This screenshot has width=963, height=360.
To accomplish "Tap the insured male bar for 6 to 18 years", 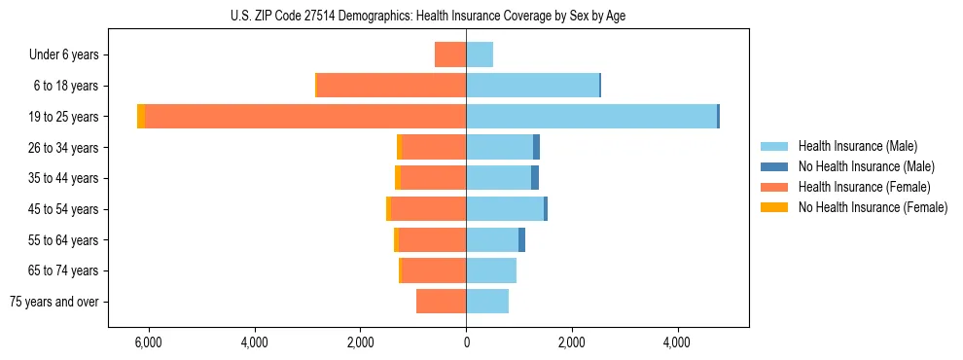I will [x=532, y=86].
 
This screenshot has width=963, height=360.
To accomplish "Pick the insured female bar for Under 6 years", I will [x=450, y=54].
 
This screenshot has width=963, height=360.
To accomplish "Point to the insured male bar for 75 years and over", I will [x=487, y=302].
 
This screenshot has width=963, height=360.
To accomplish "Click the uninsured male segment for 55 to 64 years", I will [x=521, y=240].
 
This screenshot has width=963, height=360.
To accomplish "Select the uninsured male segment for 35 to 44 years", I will [x=535, y=178].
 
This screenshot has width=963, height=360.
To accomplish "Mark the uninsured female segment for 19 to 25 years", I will [x=141, y=117].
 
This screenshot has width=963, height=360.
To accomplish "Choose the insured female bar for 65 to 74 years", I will [x=434, y=270].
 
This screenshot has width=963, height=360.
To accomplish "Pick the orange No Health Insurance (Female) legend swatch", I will [x=774, y=207].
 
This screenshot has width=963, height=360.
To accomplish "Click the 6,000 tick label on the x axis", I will [x=149, y=342].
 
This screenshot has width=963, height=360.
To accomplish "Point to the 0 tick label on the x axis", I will [x=466, y=342].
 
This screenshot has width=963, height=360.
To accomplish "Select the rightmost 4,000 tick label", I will [x=677, y=342].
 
